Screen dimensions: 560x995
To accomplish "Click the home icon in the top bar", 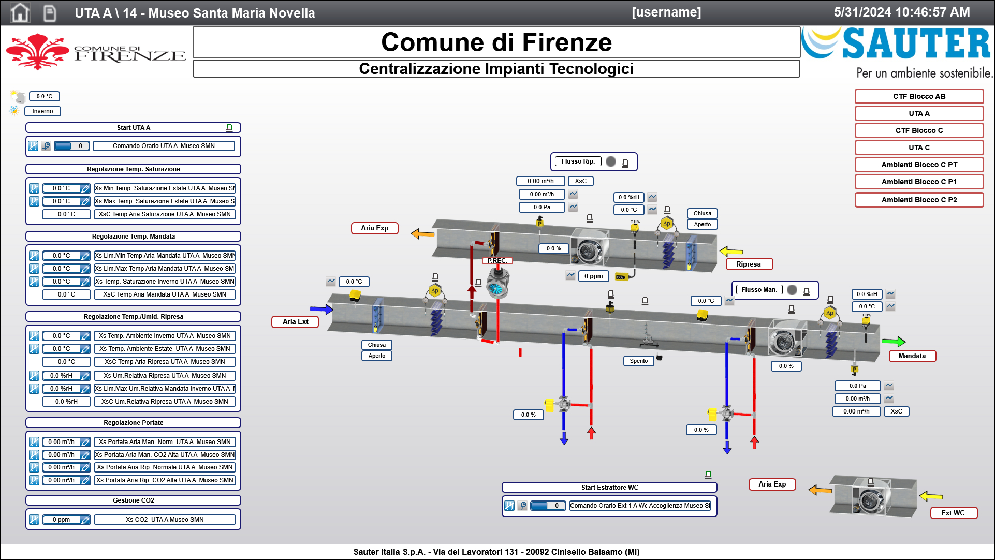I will click(x=20, y=12).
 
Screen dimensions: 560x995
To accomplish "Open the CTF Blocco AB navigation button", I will click(x=919, y=96).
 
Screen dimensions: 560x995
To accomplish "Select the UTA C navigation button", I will click(x=919, y=148).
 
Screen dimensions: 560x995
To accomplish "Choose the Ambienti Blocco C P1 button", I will click(x=919, y=182).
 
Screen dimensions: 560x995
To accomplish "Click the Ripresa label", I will click(x=749, y=264).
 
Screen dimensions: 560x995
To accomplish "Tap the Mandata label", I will click(x=912, y=356).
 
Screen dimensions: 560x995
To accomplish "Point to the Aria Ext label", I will click(x=295, y=322).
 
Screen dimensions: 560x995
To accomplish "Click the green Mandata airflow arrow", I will click(x=894, y=342).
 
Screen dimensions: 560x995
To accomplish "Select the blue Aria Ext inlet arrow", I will click(x=321, y=310).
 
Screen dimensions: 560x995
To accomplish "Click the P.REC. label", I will click(x=497, y=261).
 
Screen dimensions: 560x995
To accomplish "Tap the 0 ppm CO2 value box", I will click(x=593, y=276).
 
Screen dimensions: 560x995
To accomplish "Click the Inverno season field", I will click(x=42, y=111).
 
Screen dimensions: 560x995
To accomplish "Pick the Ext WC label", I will click(x=953, y=513).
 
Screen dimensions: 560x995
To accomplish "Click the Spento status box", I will click(x=638, y=361).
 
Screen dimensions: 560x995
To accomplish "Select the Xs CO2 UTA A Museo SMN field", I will click(x=165, y=520).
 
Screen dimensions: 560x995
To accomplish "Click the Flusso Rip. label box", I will click(x=578, y=161).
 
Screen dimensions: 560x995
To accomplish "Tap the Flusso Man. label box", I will click(x=759, y=290).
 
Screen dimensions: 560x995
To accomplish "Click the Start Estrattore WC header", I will click(x=609, y=488).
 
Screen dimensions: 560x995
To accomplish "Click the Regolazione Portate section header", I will click(x=133, y=423).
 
